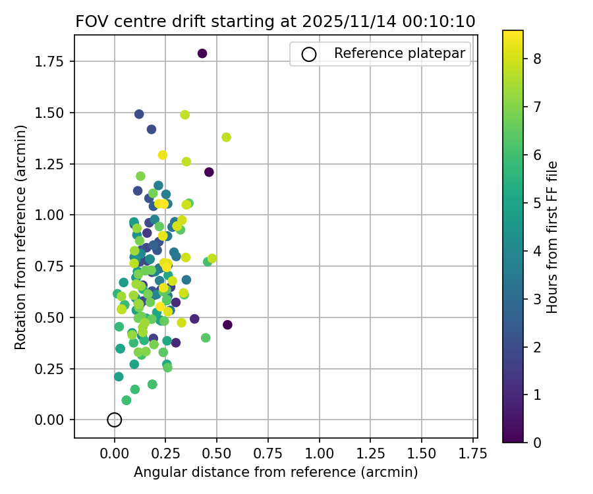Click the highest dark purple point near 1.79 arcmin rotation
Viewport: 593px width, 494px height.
202,53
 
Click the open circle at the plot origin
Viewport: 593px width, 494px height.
115,420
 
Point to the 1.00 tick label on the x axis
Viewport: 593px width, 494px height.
320,454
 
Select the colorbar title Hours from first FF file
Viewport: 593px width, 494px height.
552,237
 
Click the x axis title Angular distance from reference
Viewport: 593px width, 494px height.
275,472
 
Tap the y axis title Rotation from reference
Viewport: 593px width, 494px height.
21,237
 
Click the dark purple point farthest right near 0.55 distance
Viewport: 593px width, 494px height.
227,325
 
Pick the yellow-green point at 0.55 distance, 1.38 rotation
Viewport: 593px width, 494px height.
227,137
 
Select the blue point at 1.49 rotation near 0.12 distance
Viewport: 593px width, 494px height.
139,114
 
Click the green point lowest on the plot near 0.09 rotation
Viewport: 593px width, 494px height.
127,400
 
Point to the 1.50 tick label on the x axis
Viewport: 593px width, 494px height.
422,454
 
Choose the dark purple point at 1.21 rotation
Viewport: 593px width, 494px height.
209,172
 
